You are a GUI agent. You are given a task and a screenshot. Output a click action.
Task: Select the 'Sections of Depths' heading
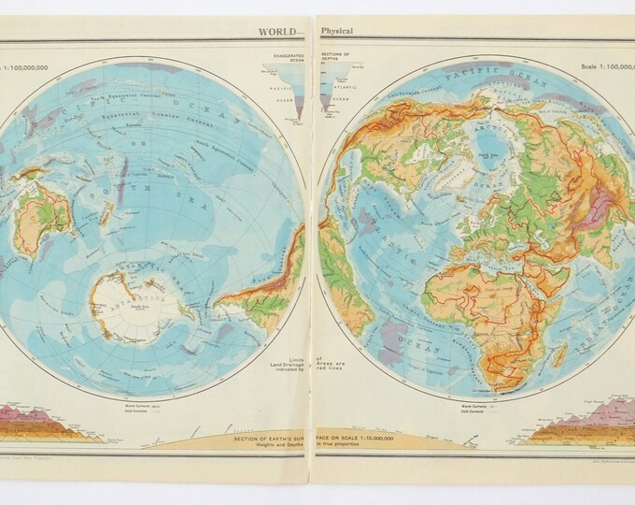click(x=333, y=59)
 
